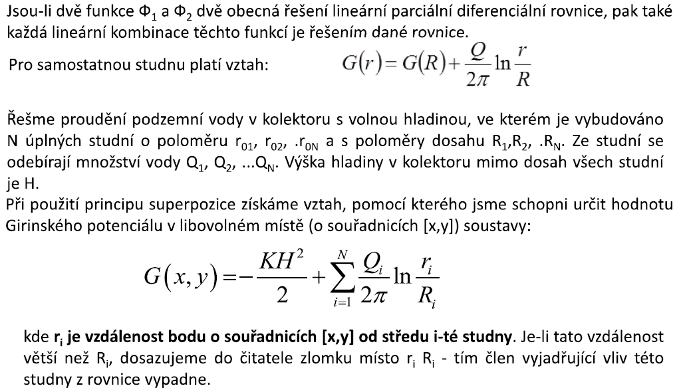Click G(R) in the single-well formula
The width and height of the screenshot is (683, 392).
pyautogui.click(x=418, y=64)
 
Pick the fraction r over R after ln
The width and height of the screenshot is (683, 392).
pyautogui.click(x=523, y=66)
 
